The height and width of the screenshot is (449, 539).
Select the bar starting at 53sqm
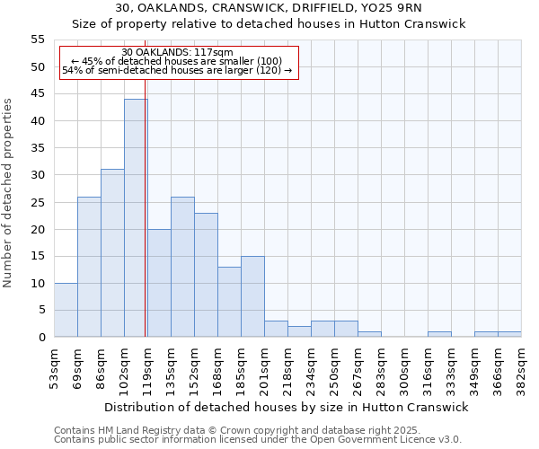[x=66, y=310]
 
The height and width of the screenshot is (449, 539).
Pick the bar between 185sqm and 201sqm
[x=252, y=296]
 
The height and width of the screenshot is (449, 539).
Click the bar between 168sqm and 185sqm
[x=229, y=302]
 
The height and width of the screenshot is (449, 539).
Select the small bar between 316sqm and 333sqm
[x=439, y=334]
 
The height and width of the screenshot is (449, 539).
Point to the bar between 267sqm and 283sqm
[x=369, y=334]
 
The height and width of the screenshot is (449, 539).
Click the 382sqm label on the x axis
[x=522, y=368]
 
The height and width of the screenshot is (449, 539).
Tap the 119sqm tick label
[x=147, y=368]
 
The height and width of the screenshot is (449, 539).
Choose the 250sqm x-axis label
[x=334, y=368]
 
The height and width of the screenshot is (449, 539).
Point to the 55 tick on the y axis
[x=38, y=40]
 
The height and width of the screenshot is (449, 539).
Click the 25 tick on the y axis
[x=38, y=202]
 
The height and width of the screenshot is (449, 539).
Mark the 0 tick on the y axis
[x=41, y=338]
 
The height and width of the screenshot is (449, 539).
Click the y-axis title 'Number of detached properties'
[x=9, y=193]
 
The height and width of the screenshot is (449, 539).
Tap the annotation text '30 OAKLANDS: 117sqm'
[x=177, y=52]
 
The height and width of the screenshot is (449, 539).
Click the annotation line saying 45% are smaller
[x=176, y=61]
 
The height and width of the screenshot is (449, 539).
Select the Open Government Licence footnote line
[x=257, y=440]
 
